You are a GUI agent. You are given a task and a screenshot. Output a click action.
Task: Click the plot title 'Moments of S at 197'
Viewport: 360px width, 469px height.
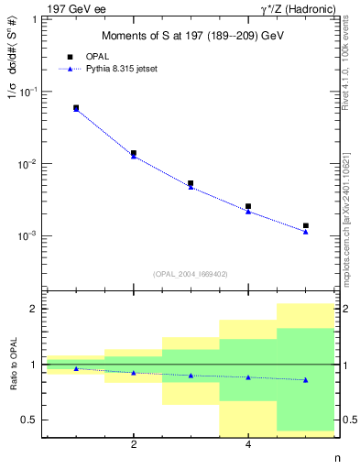[x=191, y=36]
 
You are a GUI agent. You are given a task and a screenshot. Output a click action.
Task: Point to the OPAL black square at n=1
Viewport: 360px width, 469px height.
[x=76, y=107]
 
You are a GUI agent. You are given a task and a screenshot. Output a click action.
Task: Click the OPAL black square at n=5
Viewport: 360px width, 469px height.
[x=306, y=225]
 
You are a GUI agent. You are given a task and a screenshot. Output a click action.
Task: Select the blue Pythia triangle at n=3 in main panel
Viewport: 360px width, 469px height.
[x=191, y=187]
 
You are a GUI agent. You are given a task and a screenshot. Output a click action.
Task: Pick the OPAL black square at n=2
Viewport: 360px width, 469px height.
[x=134, y=153]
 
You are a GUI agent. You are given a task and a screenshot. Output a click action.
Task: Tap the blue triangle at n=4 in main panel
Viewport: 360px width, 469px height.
[x=248, y=212]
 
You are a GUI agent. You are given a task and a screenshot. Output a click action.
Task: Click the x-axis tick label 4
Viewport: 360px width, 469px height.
[x=248, y=445]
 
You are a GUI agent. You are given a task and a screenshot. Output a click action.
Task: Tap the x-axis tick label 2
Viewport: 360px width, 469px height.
[x=134, y=445]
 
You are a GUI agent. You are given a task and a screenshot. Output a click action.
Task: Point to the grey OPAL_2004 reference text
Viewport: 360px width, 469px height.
[x=191, y=273]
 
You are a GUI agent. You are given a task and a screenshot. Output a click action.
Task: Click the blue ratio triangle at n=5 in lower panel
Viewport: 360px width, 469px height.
[x=306, y=380]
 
